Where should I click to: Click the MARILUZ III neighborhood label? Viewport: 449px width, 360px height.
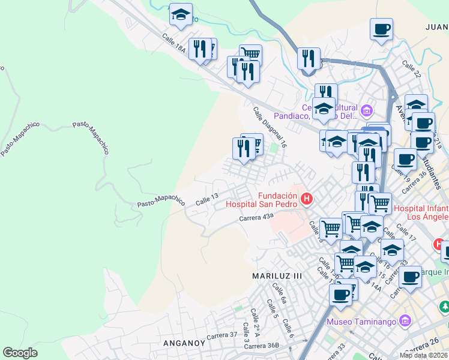(277, 275)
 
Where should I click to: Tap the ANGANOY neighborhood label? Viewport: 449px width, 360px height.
(185, 343)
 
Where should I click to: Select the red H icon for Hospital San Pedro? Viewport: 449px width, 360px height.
(307, 198)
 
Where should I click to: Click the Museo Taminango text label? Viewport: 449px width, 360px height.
(361, 322)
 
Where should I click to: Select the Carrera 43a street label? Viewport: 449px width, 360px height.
(256, 218)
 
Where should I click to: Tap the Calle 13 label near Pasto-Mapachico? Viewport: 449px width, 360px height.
(206, 199)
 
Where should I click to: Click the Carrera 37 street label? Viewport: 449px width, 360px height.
(221, 334)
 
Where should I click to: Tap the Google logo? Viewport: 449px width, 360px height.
(20, 353)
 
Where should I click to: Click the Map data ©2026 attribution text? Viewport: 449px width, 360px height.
(423, 355)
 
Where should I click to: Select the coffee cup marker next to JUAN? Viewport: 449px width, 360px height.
(381, 29)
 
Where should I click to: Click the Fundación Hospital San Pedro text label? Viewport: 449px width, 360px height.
(278, 200)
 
